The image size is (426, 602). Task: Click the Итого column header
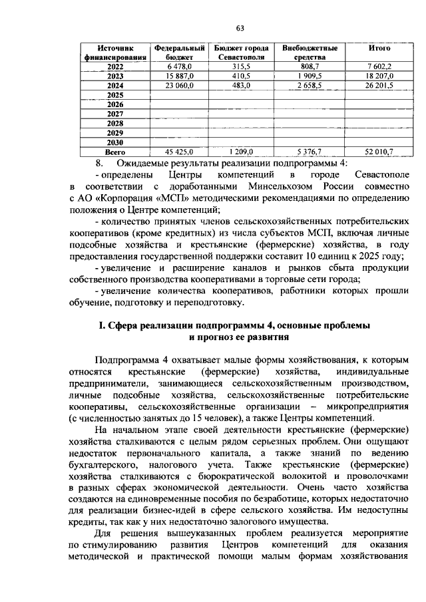379,49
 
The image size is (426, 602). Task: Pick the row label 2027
115,114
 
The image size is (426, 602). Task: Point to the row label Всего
115,152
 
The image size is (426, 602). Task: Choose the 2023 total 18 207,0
379,76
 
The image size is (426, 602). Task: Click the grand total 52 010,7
379,152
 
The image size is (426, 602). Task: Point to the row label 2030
115,142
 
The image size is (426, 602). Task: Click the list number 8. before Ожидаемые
101,163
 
